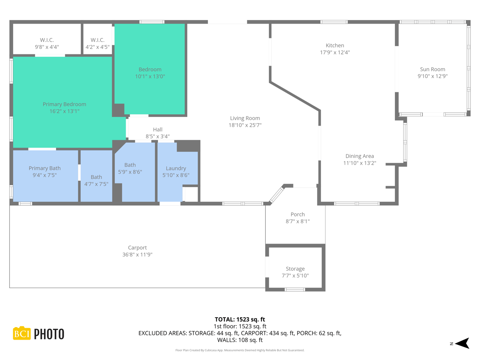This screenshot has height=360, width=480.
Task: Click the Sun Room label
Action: tap(432, 69)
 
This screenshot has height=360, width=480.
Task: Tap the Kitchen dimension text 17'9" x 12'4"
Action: tap(335, 52)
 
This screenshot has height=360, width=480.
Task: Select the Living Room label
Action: tap(245, 118)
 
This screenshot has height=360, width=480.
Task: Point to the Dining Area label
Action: tap(359, 156)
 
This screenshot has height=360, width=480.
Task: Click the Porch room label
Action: tap(298, 214)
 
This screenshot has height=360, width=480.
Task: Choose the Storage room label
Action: tap(295, 269)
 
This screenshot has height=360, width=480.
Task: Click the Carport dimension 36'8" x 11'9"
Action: tap(137, 254)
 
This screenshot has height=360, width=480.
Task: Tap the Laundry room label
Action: tap(176, 168)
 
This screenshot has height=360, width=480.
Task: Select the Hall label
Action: tap(158, 130)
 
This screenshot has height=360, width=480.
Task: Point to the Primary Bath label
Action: tap(44, 168)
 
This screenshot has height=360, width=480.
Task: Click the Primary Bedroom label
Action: tap(64, 104)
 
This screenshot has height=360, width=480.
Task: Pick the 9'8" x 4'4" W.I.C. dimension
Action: tap(47, 47)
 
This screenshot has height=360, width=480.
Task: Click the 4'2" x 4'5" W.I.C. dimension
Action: tap(97, 47)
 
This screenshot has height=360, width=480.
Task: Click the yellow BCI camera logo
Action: tap(22, 333)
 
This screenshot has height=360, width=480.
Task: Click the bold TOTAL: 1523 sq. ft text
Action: tap(240, 319)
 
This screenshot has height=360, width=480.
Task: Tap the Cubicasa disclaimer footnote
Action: tap(240, 350)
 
